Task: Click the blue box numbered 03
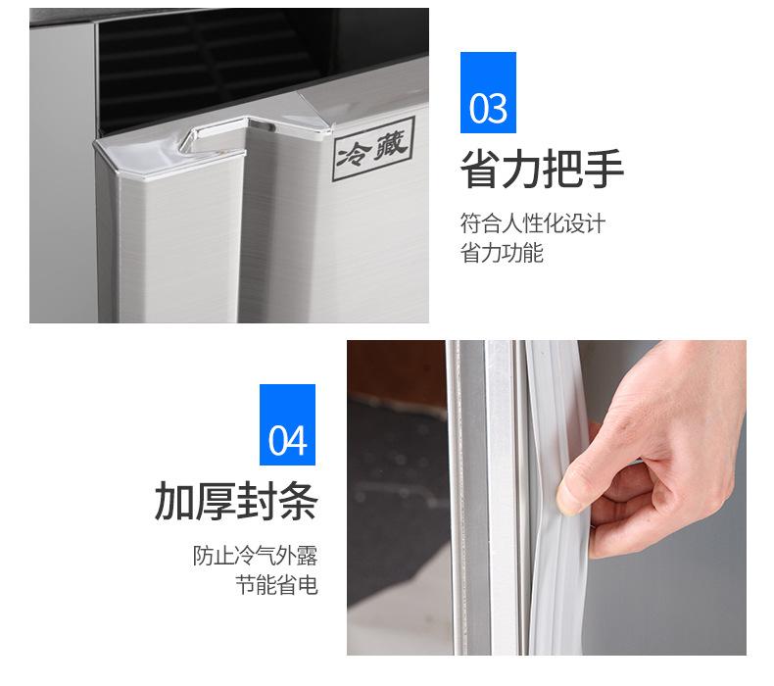point(488,93)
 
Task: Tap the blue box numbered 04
point(287,425)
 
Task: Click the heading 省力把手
point(542,171)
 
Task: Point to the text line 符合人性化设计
point(533,223)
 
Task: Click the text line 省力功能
point(502,255)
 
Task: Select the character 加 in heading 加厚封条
point(174,502)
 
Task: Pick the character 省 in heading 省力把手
point(480,171)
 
